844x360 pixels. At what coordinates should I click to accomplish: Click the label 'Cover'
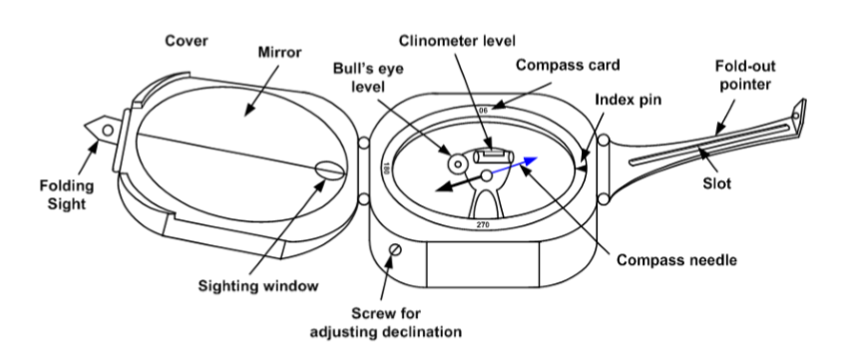[x=187, y=41]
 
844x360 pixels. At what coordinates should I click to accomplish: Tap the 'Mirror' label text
[x=280, y=53]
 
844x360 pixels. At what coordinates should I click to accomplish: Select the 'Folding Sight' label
[x=67, y=194]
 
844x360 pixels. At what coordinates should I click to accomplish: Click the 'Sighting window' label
[x=258, y=286]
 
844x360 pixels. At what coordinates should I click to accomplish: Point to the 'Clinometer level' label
[x=457, y=41]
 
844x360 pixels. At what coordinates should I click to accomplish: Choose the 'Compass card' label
[x=568, y=65]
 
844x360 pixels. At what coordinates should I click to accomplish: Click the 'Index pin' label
[x=629, y=100]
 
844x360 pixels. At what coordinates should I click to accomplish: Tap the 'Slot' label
[x=717, y=184]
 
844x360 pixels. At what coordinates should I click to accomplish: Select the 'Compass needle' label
[x=676, y=260]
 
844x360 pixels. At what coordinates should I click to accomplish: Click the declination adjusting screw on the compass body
[x=396, y=249]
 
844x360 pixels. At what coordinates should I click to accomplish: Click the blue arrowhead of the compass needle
[x=530, y=161]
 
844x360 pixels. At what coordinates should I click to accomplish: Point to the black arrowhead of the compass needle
[x=444, y=186]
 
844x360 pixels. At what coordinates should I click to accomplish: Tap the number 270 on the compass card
[x=483, y=225]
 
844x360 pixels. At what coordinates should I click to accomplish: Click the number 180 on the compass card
[x=386, y=167]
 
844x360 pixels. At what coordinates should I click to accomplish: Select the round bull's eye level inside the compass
[x=458, y=164]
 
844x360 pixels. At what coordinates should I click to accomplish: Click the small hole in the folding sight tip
[x=108, y=131]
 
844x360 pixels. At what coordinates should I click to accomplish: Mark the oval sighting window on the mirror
[x=329, y=171]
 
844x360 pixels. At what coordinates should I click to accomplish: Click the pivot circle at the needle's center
[x=487, y=176]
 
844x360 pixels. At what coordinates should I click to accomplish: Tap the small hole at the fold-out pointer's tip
[x=795, y=115]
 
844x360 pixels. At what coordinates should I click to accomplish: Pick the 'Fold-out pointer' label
[x=745, y=76]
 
